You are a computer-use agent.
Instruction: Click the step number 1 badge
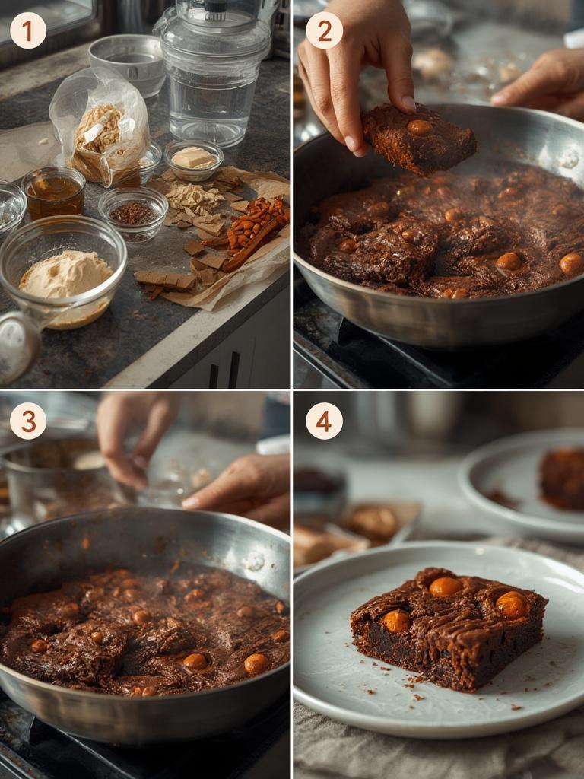click(x=28, y=30)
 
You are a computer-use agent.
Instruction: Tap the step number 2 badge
click(x=324, y=30)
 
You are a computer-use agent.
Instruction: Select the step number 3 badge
click(x=28, y=421)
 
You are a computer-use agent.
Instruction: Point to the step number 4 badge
click(x=324, y=421)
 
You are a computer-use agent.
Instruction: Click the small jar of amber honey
click(x=53, y=193)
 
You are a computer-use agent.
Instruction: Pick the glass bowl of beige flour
click(x=64, y=270)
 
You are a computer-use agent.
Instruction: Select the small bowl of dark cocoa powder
click(x=133, y=212)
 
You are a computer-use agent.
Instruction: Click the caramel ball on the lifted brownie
click(x=419, y=127)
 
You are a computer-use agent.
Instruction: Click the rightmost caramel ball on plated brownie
click(x=512, y=604)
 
